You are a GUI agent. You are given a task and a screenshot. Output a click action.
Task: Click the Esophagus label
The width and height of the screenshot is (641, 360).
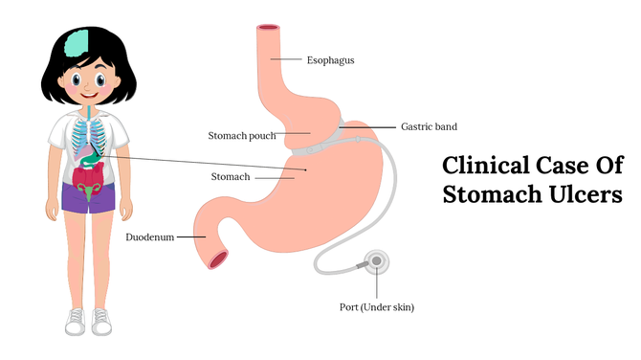point(330,59)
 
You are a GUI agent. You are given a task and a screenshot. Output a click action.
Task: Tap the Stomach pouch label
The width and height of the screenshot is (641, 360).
point(242,136)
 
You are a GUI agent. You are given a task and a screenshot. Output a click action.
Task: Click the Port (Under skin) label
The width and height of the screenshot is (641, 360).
point(377,307)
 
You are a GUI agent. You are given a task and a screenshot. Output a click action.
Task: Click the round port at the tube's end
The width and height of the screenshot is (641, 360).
point(377,260)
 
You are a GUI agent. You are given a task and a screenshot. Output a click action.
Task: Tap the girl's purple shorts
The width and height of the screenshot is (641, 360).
point(88,197)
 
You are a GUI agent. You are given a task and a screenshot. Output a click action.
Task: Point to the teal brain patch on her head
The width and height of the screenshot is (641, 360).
point(77,42)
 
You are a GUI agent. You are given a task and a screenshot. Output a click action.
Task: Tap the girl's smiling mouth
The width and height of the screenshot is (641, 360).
point(87,96)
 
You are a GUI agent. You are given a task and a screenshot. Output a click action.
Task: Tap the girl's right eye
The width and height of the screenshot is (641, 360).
point(75,79)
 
